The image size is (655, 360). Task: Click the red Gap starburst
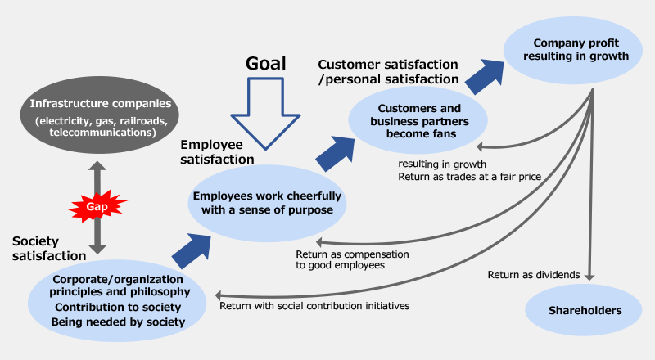[97, 206]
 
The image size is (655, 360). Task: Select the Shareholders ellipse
[584, 311]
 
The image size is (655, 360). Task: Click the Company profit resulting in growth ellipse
[580, 50]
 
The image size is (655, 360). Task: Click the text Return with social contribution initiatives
[314, 305]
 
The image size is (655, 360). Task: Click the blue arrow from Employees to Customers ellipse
[336, 153]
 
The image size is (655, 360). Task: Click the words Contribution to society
[119, 307]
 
